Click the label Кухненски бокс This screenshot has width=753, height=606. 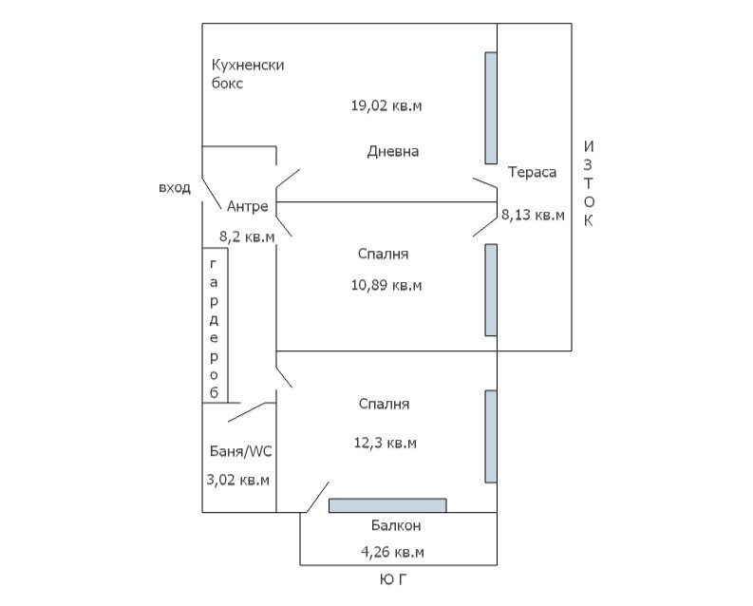[248, 74]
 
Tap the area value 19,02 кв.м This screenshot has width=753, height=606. [386, 105]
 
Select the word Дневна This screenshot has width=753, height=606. [393, 152]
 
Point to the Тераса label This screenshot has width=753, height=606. [532, 172]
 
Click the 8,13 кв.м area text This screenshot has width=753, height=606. [533, 215]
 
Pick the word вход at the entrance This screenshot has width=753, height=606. [175, 188]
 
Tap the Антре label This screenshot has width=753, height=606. [247, 206]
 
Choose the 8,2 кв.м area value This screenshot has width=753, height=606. [247, 237]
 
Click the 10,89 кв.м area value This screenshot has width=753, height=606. [386, 285]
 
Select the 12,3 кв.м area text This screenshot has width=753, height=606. [386, 443]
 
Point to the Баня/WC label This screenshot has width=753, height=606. [240, 451]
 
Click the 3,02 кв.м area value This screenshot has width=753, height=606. [237, 480]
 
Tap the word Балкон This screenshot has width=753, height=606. [396, 526]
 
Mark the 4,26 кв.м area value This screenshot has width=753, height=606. [392, 552]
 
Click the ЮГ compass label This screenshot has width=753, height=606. [393, 580]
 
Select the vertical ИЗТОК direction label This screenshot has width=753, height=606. [589, 183]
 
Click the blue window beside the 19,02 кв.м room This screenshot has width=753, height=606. [491, 108]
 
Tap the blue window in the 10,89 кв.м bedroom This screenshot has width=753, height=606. [491, 290]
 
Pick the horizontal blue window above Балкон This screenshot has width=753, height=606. [387, 505]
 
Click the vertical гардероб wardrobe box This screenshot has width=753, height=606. [215, 325]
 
